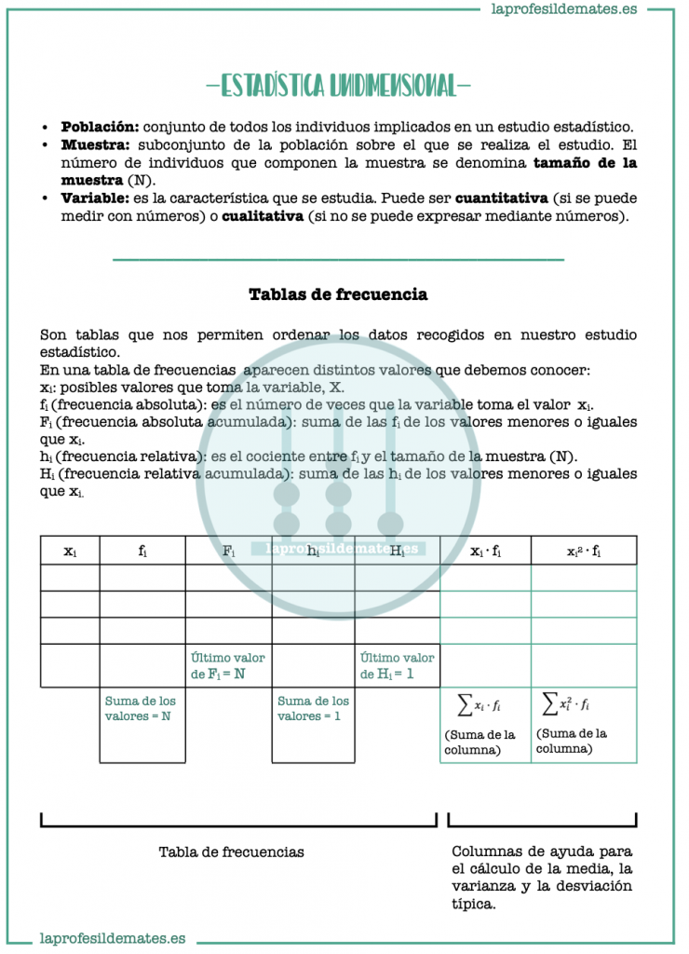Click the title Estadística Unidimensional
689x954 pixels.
[338, 87]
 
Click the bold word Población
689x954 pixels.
[100, 127]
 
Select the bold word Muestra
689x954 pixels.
[97, 145]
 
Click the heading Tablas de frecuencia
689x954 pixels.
[338, 294]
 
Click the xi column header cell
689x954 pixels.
[70, 551]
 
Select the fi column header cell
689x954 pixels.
[142, 551]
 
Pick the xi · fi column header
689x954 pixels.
[485, 551]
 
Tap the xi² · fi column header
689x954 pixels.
[584, 551]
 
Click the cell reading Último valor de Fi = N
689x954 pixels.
[227, 665]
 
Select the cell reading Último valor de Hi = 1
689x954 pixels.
[397, 665]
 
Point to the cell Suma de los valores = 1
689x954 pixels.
[313, 709]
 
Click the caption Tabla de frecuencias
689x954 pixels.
[231, 852]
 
